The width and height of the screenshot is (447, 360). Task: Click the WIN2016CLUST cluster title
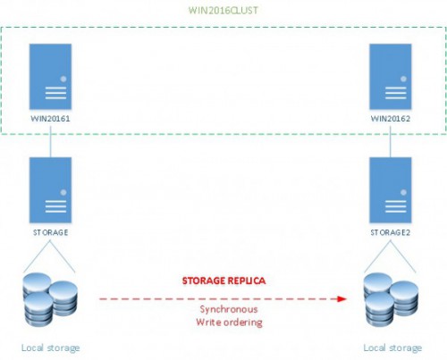223,11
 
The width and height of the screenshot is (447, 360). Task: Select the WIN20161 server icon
50,77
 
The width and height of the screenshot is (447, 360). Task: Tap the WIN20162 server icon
391,77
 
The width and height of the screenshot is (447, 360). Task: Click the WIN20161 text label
50,119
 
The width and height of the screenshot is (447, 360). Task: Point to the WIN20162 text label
391,119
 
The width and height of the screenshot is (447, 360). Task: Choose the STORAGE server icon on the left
50,190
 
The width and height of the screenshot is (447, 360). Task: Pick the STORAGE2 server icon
391,190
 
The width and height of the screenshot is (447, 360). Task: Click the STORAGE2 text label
391,232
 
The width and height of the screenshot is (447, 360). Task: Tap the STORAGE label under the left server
50,232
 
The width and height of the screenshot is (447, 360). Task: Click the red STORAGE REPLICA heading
223,280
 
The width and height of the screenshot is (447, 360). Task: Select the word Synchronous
229,309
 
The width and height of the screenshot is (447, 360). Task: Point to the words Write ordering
229,322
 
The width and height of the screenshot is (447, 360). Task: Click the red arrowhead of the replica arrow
342,298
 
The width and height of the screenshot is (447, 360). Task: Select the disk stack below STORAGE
50,299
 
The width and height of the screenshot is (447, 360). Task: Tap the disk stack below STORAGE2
391,299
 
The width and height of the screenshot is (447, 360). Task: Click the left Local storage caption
50,347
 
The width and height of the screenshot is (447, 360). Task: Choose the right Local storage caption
392,347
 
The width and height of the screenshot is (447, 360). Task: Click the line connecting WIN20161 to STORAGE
50,141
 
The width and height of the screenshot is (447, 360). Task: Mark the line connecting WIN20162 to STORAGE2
391,141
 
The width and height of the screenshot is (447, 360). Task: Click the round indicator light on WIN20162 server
403,79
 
